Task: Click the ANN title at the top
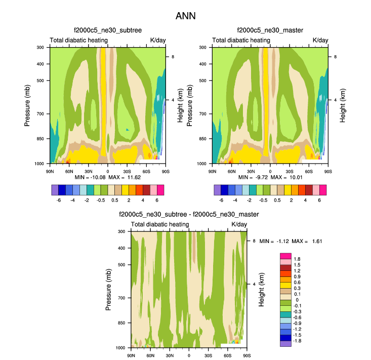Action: point(185,16)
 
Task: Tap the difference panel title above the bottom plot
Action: point(189,215)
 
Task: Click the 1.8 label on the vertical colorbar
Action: point(297,259)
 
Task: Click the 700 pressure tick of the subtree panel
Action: point(42,114)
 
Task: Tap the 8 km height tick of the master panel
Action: point(335,57)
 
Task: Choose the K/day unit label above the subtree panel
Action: point(156,40)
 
